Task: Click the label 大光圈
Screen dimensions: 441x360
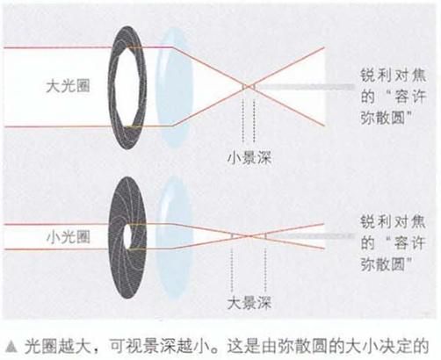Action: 68,86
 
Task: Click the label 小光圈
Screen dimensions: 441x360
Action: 68,237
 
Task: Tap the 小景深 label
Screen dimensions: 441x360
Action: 249,158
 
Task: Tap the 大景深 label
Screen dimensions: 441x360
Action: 249,303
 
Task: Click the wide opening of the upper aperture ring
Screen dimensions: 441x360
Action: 127,87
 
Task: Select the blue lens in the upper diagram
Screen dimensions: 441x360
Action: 174,87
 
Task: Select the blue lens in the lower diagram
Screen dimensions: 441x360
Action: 174,237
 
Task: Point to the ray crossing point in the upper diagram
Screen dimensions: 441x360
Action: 249,86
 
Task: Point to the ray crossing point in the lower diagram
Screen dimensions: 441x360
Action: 249,236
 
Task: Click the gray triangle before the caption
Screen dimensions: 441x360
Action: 11,346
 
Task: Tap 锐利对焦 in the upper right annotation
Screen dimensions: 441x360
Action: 393,76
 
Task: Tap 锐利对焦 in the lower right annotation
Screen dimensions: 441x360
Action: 393,222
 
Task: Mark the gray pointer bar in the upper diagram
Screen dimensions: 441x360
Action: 305,87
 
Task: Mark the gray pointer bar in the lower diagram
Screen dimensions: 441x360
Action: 310,235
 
